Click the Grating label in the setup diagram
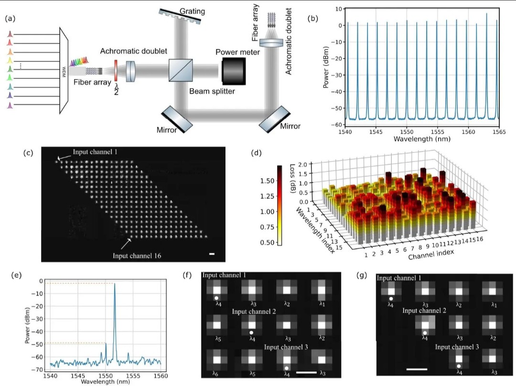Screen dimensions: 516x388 tap(192, 11)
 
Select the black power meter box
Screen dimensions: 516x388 tap(233, 71)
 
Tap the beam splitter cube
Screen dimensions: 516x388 tap(180, 70)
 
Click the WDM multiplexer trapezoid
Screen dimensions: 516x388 tap(64, 71)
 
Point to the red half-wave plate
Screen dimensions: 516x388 tap(116, 70)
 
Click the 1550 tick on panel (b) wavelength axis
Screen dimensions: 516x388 tap(407, 131)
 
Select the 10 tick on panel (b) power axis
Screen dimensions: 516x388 tap(338, 9)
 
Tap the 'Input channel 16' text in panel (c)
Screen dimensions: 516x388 tap(137, 256)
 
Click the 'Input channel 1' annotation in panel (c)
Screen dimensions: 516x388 tap(95, 151)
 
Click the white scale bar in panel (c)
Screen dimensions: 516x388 tap(212, 254)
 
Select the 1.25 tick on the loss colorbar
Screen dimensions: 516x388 tap(267, 196)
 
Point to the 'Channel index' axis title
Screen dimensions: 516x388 tap(431, 254)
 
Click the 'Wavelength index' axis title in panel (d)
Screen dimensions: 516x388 tap(315, 230)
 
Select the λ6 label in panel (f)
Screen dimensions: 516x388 tap(215, 374)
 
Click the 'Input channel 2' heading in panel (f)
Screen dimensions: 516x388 tap(254, 312)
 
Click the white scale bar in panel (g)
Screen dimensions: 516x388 tap(417, 369)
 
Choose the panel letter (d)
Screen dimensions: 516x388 tap(256, 153)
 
